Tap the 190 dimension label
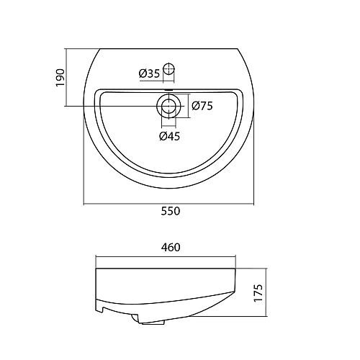click(x=60, y=76)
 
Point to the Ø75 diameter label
click(x=202, y=107)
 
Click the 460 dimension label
click(x=171, y=247)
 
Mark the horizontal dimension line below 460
click(x=144, y=257)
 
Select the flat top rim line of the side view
click(x=166, y=269)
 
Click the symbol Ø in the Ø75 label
click(x=196, y=107)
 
